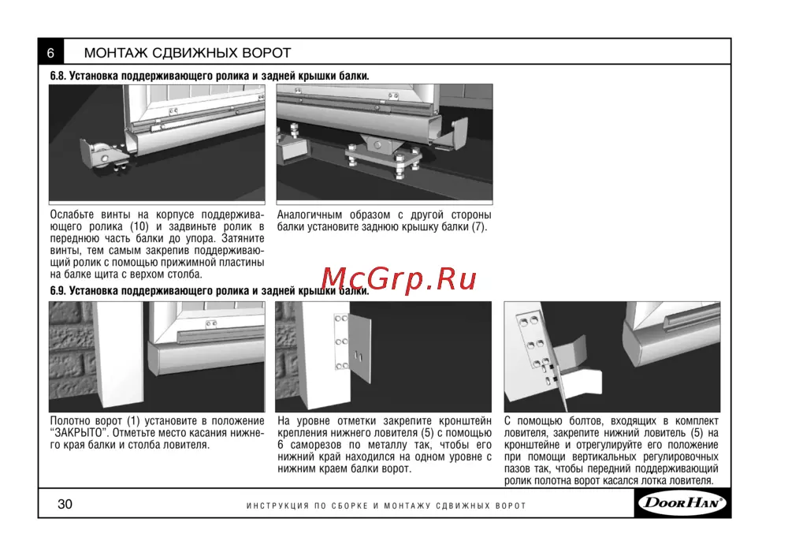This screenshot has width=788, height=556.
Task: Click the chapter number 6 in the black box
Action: (x=50, y=53)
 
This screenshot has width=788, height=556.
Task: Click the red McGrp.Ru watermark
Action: (x=398, y=278)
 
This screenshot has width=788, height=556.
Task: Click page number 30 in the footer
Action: (x=65, y=504)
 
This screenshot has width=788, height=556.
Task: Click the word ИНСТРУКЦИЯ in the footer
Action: (x=277, y=506)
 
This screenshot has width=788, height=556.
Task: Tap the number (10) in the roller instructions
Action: (x=139, y=226)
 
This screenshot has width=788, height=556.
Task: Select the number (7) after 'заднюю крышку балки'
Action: (x=479, y=226)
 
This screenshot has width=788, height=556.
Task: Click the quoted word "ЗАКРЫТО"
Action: (x=76, y=433)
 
